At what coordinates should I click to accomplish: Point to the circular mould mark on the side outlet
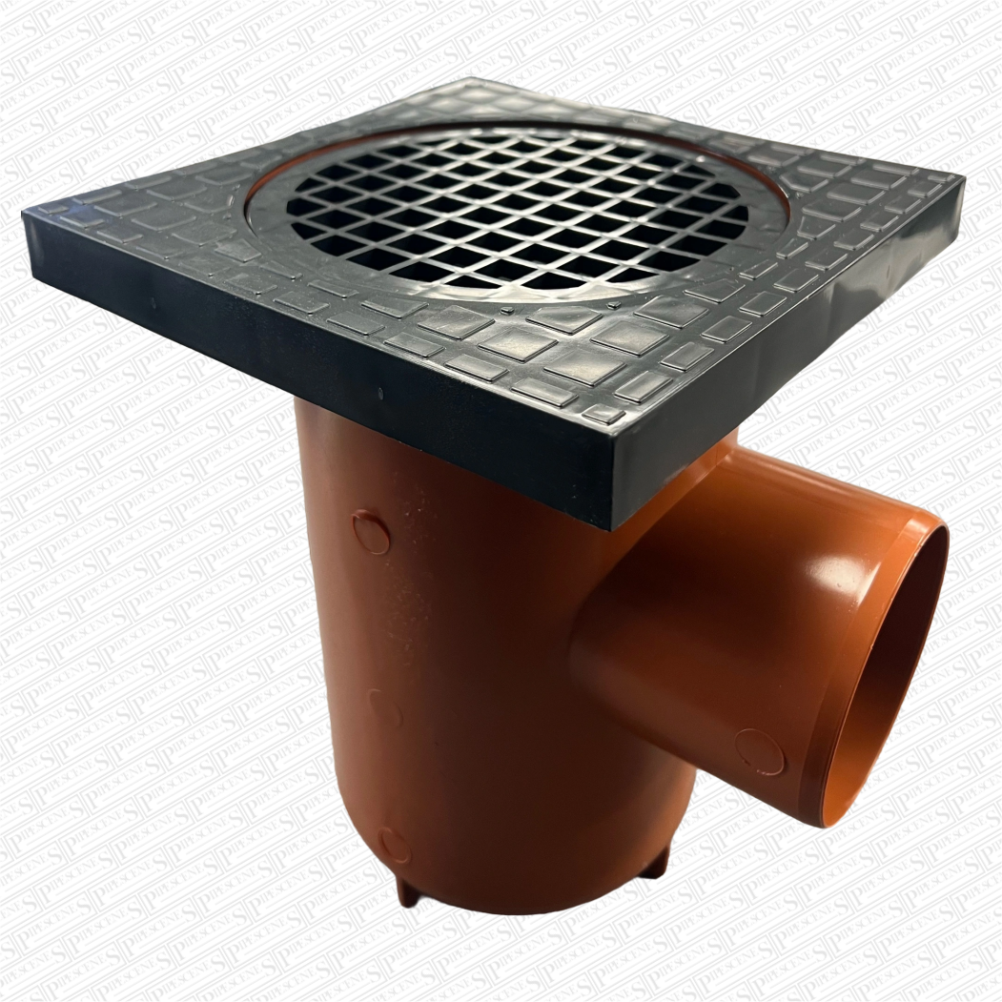coord(759,751)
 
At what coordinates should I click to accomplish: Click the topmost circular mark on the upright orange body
coord(370,533)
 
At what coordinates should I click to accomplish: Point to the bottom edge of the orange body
coord(534,906)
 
